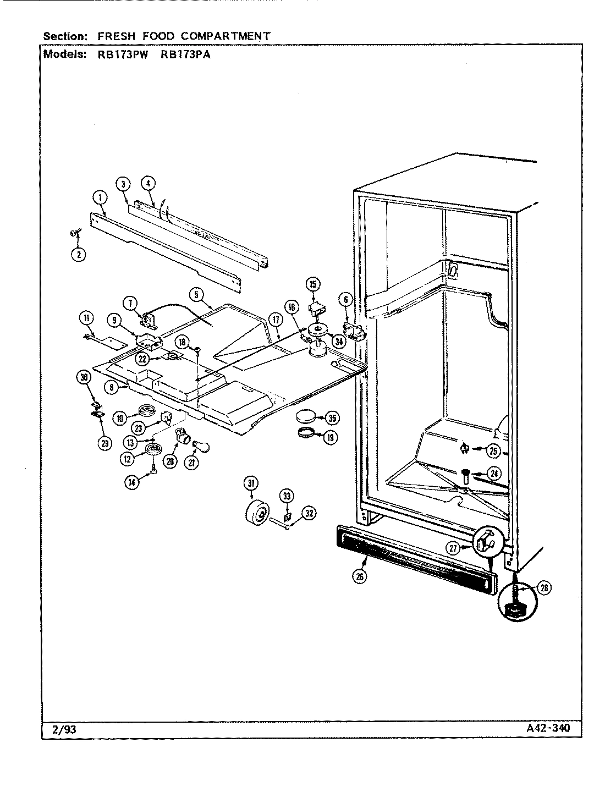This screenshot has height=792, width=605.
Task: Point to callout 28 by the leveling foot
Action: [x=544, y=588]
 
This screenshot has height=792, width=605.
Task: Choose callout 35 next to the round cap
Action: [x=331, y=418]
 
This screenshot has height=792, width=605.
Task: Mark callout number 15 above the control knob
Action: [x=313, y=284]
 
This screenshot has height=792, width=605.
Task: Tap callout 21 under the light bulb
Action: [x=191, y=463]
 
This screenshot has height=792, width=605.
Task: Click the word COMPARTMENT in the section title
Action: [x=223, y=36]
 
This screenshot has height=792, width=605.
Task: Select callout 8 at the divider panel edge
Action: [x=112, y=387]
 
